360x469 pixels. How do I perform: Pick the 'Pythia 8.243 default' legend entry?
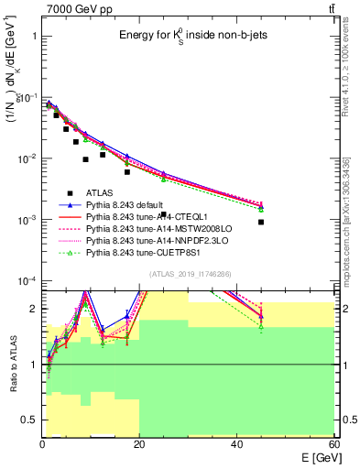128,206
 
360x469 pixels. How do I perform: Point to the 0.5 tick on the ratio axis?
28,420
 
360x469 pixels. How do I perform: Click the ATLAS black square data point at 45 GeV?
261,222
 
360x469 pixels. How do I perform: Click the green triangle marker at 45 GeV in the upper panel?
261,210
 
